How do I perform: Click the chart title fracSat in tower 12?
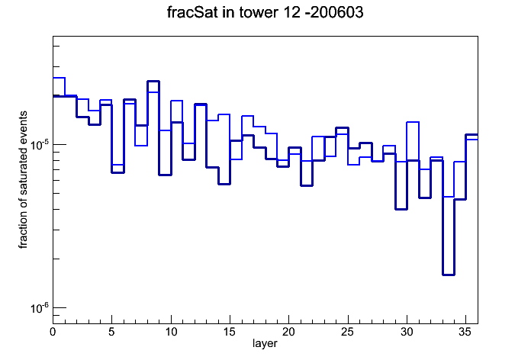pyautogui.click(x=233, y=12)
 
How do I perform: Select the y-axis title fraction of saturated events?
pyautogui.click(x=23, y=180)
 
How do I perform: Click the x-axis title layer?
pyautogui.click(x=265, y=344)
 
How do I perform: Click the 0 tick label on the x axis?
pyautogui.click(x=53, y=332)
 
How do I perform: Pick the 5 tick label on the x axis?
pyautogui.click(x=111, y=332)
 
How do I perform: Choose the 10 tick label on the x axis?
pyautogui.click(x=171, y=332)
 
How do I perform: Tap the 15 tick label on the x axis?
pyautogui.click(x=230, y=332)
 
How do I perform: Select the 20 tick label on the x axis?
pyautogui.click(x=288, y=332)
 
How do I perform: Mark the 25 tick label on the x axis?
pyautogui.click(x=347, y=332)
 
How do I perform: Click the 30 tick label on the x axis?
pyautogui.click(x=407, y=332)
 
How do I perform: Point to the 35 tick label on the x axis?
pyautogui.click(x=465, y=332)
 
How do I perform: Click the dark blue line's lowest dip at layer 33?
pyautogui.click(x=449, y=275)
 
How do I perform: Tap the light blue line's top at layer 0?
pyautogui.click(x=59, y=78)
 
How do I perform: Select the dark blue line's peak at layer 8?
pyautogui.click(x=153, y=82)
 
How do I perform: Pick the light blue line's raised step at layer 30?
pyautogui.click(x=413, y=122)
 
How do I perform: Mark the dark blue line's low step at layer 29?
pyautogui.click(x=401, y=209)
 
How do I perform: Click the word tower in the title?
pyautogui.click(x=260, y=12)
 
